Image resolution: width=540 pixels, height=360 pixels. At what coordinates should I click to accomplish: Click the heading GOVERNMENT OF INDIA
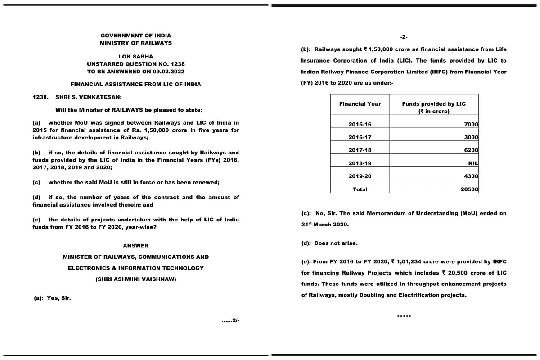click(x=135, y=36)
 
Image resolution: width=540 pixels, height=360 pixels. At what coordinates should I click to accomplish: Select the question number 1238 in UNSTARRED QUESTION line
click(x=177, y=64)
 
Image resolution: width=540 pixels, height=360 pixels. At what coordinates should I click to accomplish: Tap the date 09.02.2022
click(x=169, y=72)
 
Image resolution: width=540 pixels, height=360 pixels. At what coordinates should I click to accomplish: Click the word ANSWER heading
click(x=135, y=246)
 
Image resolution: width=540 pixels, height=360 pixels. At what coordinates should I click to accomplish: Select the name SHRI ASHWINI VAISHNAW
click(x=136, y=279)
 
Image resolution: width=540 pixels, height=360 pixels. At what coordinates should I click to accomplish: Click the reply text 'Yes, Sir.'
click(x=59, y=298)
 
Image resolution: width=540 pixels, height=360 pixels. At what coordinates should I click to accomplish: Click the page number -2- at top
click(x=404, y=37)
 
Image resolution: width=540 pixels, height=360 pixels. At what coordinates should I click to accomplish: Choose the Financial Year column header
click(x=360, y=104)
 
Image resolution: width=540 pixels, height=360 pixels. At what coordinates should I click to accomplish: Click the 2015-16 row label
click(x=360, y=125)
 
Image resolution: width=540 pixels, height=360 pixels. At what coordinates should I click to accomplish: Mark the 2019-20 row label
click(x=360, y=177)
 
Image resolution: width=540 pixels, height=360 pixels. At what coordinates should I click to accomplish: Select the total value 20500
click(x=469, y=190)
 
